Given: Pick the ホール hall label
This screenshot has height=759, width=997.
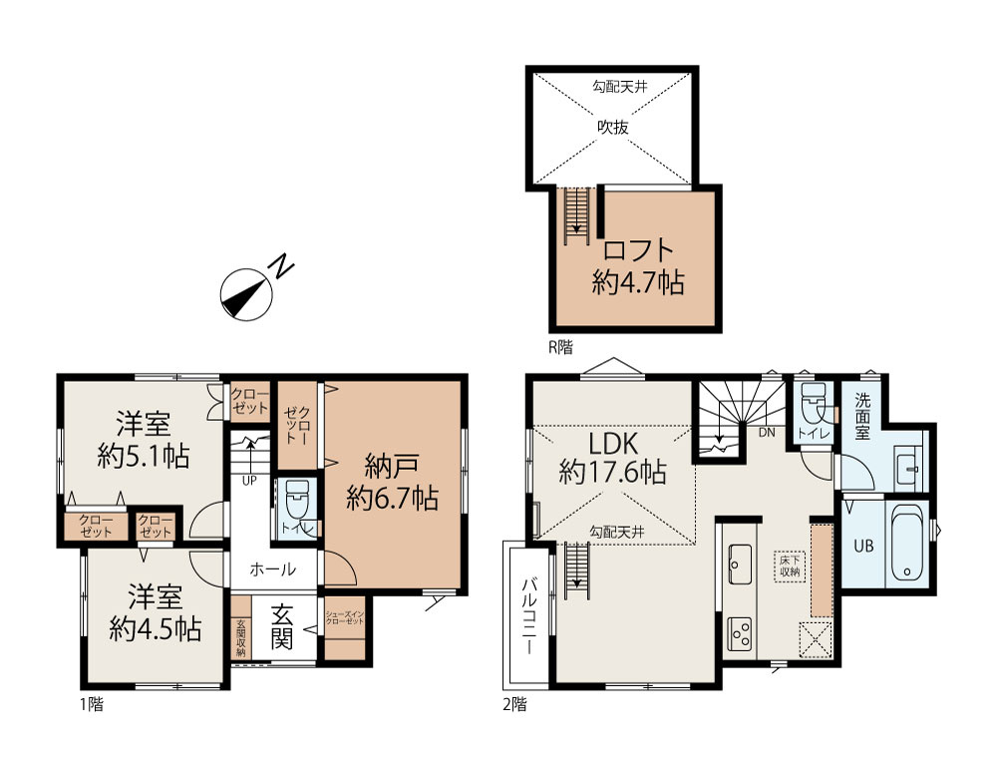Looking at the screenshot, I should click(272, 569).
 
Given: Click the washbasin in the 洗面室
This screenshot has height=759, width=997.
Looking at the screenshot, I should click(907, 466).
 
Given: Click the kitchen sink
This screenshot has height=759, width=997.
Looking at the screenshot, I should click(740, 565).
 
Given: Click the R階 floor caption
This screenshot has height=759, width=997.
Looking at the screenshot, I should click(559, 347).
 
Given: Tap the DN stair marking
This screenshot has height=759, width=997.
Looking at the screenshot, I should click(768, 432).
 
